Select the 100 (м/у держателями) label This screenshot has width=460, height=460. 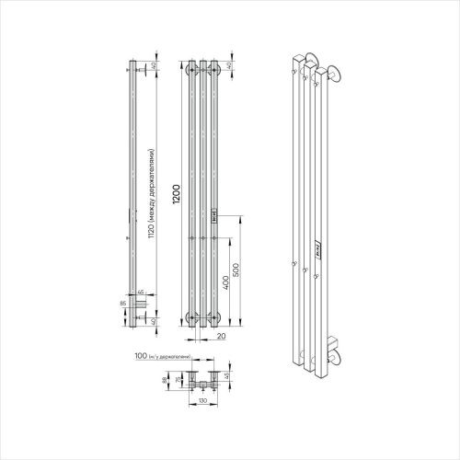tap(161, 355)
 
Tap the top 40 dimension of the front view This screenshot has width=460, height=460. tap(230, 65)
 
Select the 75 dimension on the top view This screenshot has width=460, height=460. tap(178, 378)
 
